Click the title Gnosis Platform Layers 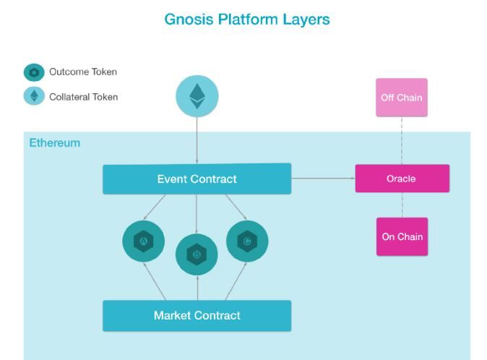(x=247, y=20)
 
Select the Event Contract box (x=197, y=179)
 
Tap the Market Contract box (x=197, y=315)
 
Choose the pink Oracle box (x=402, y=179)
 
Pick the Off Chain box (x=402, y=98)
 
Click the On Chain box (x=402, y=236)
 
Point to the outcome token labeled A (x=144, y=241)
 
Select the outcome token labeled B (x=197, y=254)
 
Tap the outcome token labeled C (x=247, y=241)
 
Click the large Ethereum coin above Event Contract (x=197, y=96)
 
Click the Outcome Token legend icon (x=34, y=72)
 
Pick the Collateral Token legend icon (x=34, y=96)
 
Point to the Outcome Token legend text (x=83, y=72)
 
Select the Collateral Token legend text (x=83, y=97)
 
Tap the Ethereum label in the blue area (x=55, y=143)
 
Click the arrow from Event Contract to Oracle (x=323, y=179)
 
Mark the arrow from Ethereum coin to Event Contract (x=197, y=141)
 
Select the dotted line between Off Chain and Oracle (x=402, y=141)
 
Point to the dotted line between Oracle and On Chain (x=402, y=205)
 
